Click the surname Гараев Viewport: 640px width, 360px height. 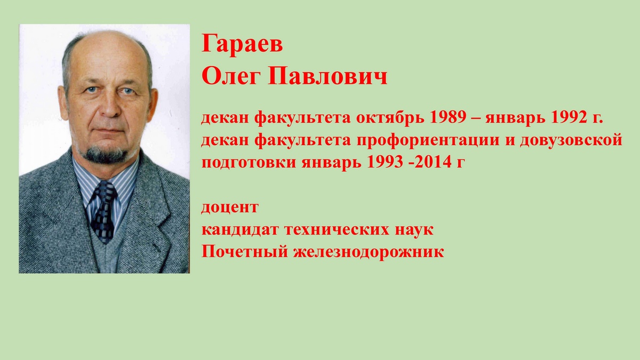click(x=242, y=44)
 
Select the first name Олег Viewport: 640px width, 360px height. click(x=231, y=76)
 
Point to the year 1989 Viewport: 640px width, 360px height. click(x=448, y=117)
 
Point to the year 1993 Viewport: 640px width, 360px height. click(x=385, y=162)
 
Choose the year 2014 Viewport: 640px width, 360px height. click(x=433, y=162)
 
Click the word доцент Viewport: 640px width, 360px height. click(x=230, y=207)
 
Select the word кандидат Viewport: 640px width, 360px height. click(x=240, y=229)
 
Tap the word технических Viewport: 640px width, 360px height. click(x=337, y=230)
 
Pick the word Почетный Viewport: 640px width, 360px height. click(x=244, y=252)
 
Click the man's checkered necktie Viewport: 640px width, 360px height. click(x=104, y=210)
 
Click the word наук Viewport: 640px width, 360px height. click(x=414, y=230)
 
